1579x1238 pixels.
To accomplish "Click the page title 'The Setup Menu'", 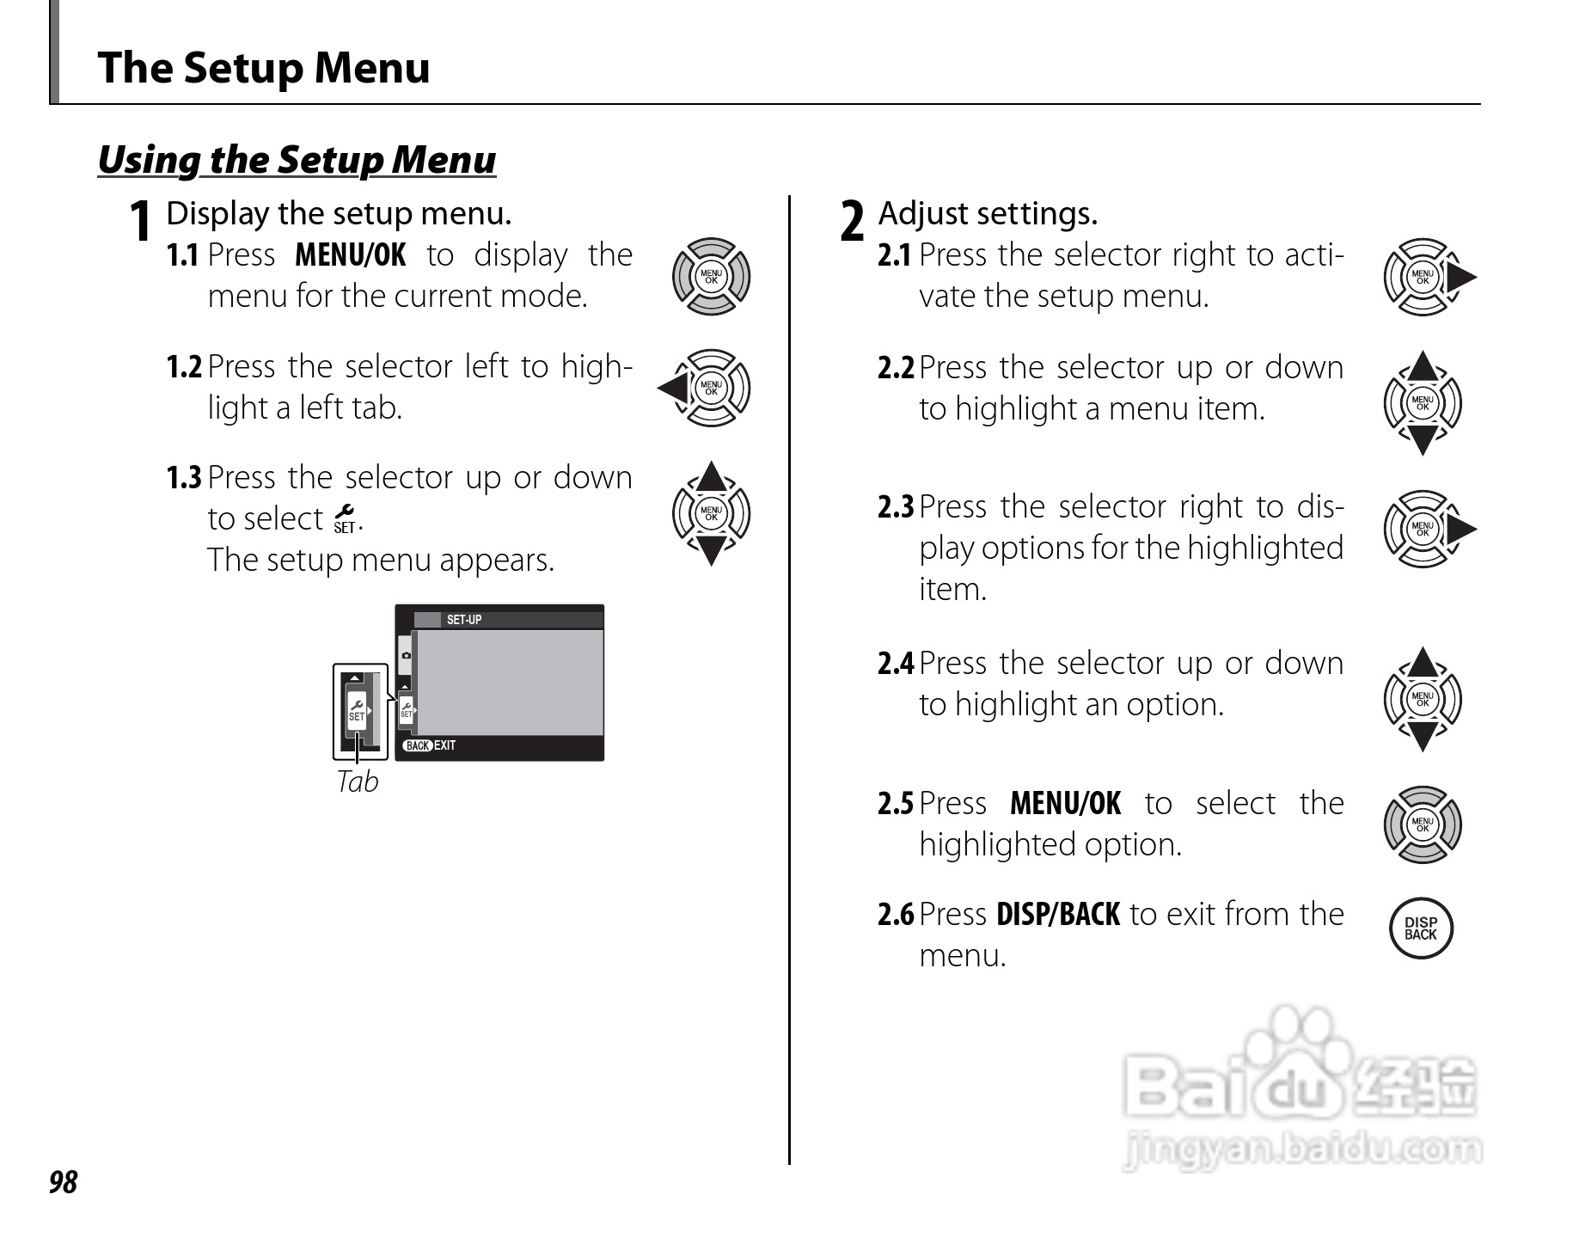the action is coord(263,68).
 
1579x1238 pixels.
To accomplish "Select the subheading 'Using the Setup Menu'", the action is coord(297,160).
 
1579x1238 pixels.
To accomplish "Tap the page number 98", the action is coord(63,1183).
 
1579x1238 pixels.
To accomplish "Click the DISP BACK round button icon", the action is coord(1421,929).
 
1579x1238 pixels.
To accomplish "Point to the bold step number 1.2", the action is coord(183,367).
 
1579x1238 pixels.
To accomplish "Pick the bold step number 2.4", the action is coord(895,664).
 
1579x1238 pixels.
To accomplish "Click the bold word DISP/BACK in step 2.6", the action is coord(1057,914).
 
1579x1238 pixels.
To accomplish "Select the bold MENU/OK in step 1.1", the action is coord(350,255).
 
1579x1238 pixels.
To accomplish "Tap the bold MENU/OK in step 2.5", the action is coord(1065,804).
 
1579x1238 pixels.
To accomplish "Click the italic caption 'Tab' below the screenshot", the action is coord(358,781).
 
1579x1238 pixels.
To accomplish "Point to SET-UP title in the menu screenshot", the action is coord(464,620).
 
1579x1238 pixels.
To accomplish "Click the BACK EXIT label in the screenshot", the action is coord(430,745).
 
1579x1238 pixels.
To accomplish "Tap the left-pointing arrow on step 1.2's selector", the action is coord(673,389).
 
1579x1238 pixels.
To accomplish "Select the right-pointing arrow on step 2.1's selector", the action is coord(1460,277).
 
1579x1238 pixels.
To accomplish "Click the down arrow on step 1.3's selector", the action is coord(711,549).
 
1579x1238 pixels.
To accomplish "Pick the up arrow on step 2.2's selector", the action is coord(1423,367).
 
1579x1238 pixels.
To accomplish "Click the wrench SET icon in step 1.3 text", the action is coord(345,519).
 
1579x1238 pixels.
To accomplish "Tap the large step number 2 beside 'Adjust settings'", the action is coord(851,221).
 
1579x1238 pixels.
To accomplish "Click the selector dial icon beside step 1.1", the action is coord(711,277).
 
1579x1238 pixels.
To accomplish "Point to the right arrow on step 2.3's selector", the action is coord(1460,530).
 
